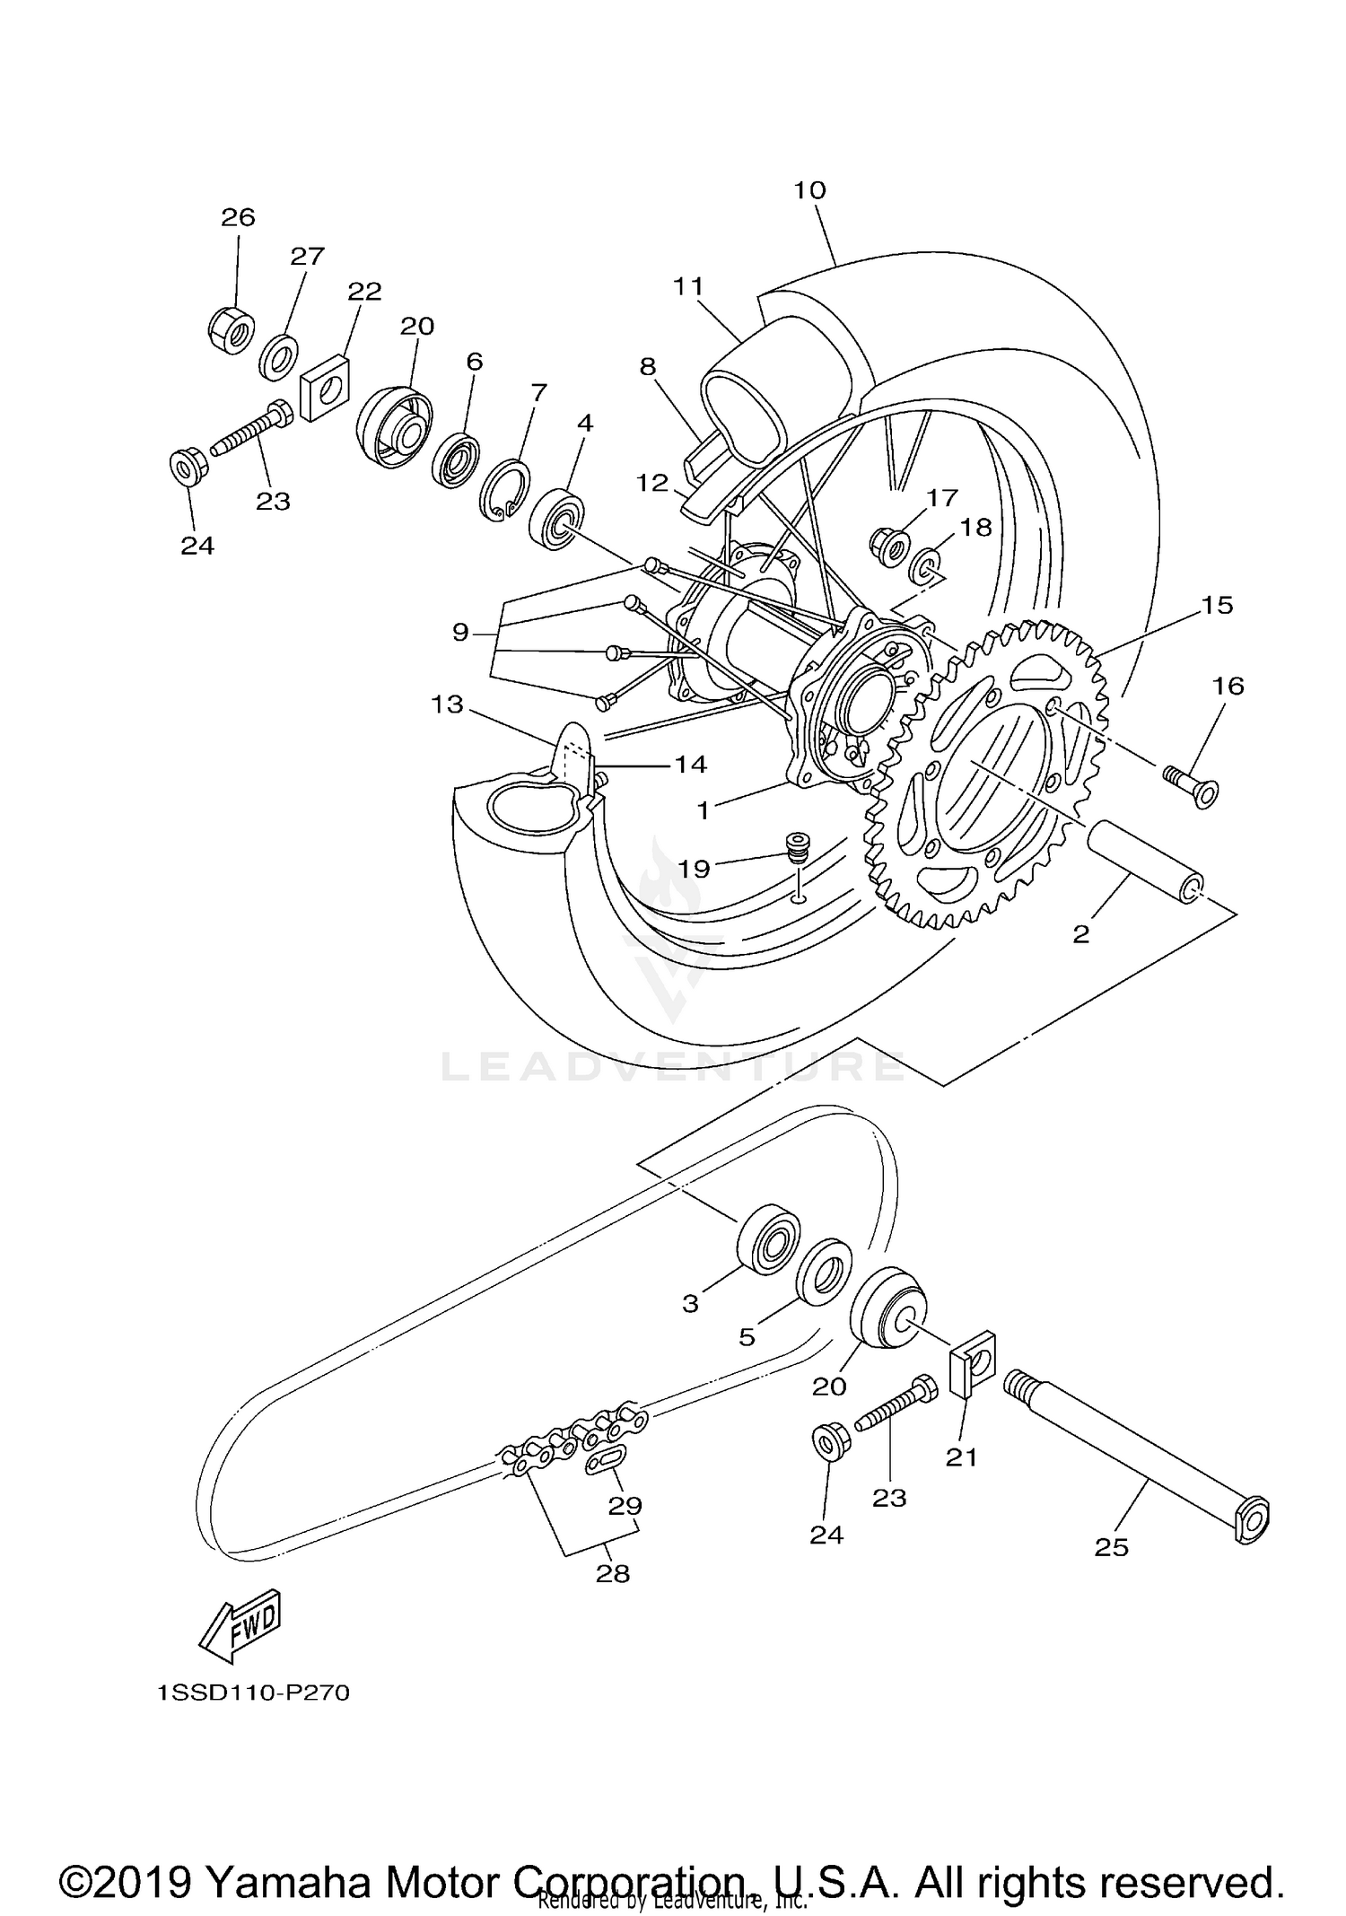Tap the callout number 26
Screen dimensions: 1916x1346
pos(239,217)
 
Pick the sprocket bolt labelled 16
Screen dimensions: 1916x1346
pos(1192,785)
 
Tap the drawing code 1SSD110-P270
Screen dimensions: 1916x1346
pos(253,1693)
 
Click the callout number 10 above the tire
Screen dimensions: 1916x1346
pos(809,190)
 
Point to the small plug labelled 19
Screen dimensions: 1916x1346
pos(793,844)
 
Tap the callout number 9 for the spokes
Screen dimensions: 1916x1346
pos(460,634)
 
